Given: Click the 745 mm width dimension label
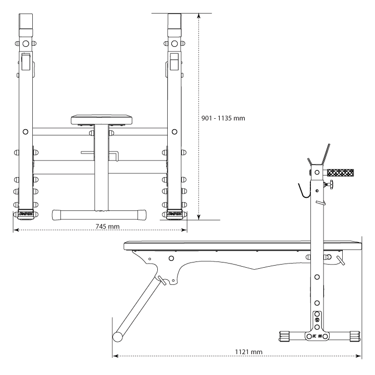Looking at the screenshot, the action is tap(107, 226).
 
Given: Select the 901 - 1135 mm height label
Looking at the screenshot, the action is tap(223, 118).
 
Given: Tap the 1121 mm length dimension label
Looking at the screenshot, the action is tap(248, 352).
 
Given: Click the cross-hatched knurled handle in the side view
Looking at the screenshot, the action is tap(340, 173).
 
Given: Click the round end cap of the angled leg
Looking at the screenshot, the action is tap(117, 337).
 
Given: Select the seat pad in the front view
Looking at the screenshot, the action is tap(102, 120).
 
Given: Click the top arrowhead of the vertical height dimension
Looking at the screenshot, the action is tap(198, 16).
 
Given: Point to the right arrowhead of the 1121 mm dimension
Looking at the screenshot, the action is tap(358, 356).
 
